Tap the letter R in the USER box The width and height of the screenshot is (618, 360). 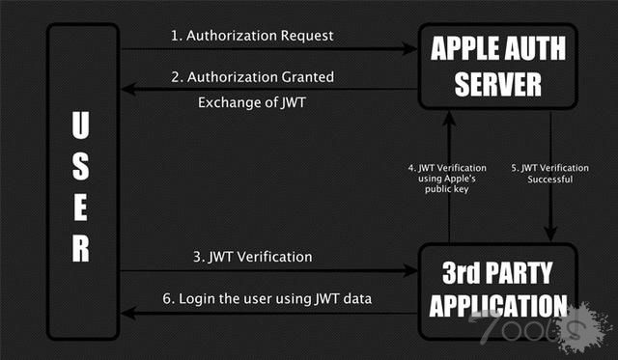pyautogui.click(x=82, y=249)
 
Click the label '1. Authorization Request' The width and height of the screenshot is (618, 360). pyautogui.click(x=252, y=36)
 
